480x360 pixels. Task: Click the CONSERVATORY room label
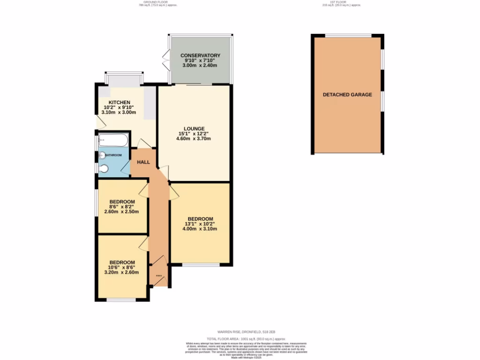[x=201, y=55]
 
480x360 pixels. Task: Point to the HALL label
[x=143, y=162]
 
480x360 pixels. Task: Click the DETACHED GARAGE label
[x=347, y=95]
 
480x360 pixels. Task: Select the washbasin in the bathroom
[x=102, y=155]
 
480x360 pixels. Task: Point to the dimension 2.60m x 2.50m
[x=122, y=211]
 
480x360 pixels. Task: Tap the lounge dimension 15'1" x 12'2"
[x=194, y=134]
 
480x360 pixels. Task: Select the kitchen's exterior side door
[x=99, y=122]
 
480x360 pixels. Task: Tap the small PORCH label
[x=159, y=276]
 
